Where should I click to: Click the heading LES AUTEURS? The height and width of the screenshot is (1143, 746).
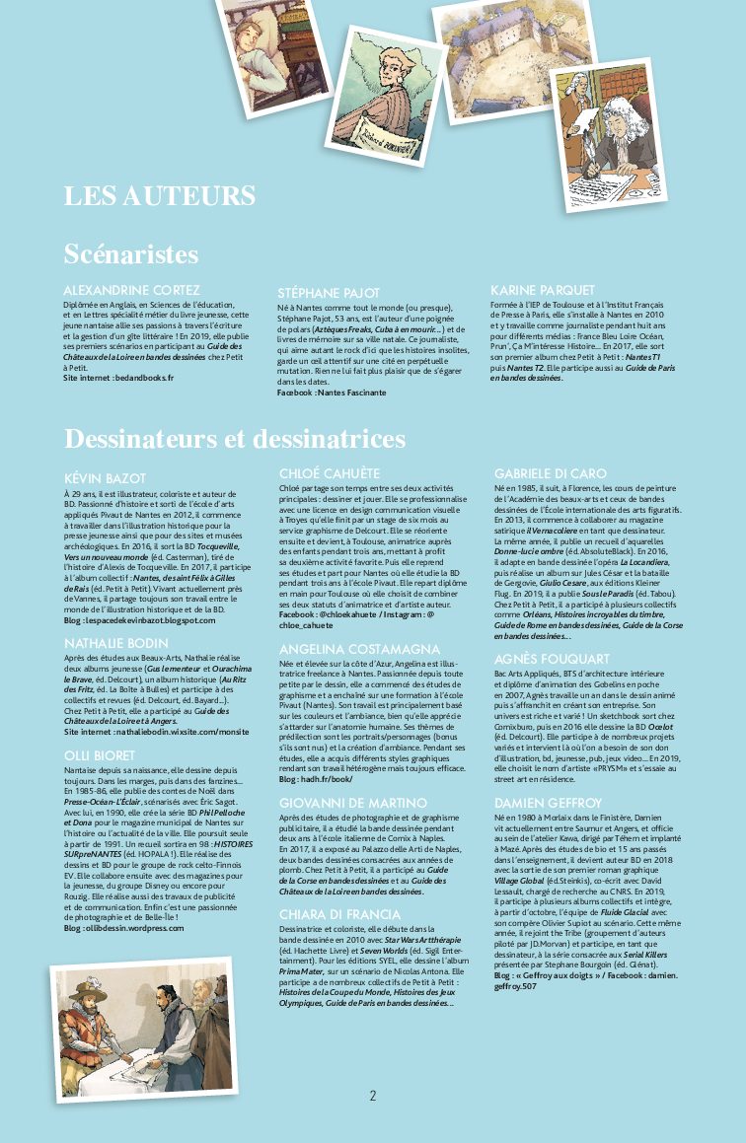(160, 195)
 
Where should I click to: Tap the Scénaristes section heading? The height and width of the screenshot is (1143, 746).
(131, 254)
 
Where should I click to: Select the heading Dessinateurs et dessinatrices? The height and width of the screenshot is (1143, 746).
(235, 437)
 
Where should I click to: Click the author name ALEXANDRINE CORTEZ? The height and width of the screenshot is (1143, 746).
(131, 290)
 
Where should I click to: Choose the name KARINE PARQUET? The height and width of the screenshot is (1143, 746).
(543, 290)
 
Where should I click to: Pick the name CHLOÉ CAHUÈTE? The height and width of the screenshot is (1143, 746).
(330, 474)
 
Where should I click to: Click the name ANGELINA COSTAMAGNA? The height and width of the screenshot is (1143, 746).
(359, 649)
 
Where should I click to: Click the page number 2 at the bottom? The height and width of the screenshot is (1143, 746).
(373, 1095)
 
